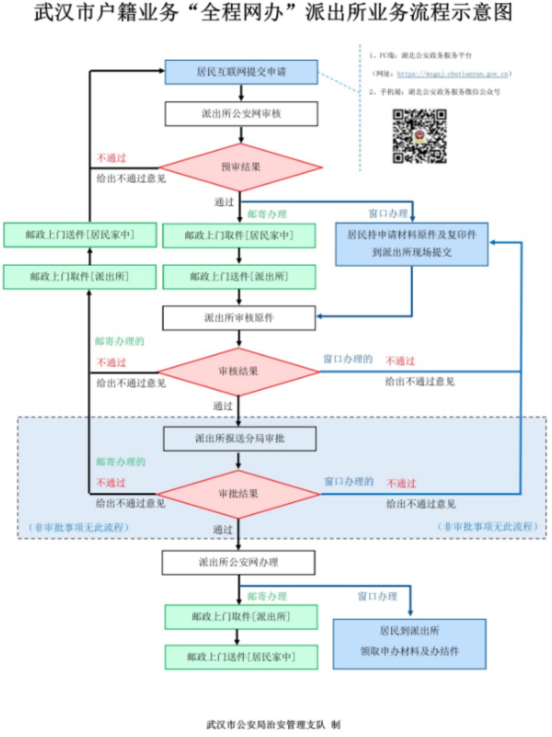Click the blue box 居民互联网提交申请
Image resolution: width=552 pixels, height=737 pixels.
tap(241, 72)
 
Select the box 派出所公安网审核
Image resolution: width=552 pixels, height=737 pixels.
tap(241, 113)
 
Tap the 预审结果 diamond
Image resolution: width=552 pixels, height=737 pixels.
tap(241, 167)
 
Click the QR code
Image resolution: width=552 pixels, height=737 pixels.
tap(420, 137)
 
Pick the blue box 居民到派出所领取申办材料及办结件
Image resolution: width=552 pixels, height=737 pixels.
tap(410, 640)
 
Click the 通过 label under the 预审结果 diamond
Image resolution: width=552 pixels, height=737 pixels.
tap(224, 201)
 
